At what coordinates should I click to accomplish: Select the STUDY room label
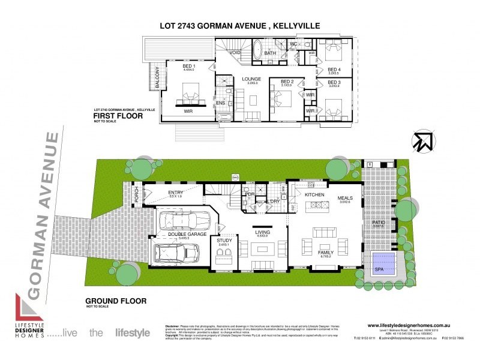click(x=224, y=241)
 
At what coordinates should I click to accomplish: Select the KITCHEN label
click(x=314, y=196)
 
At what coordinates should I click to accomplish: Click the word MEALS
click(x=344, y=197)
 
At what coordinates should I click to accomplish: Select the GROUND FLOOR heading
click(x=113, y=300)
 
